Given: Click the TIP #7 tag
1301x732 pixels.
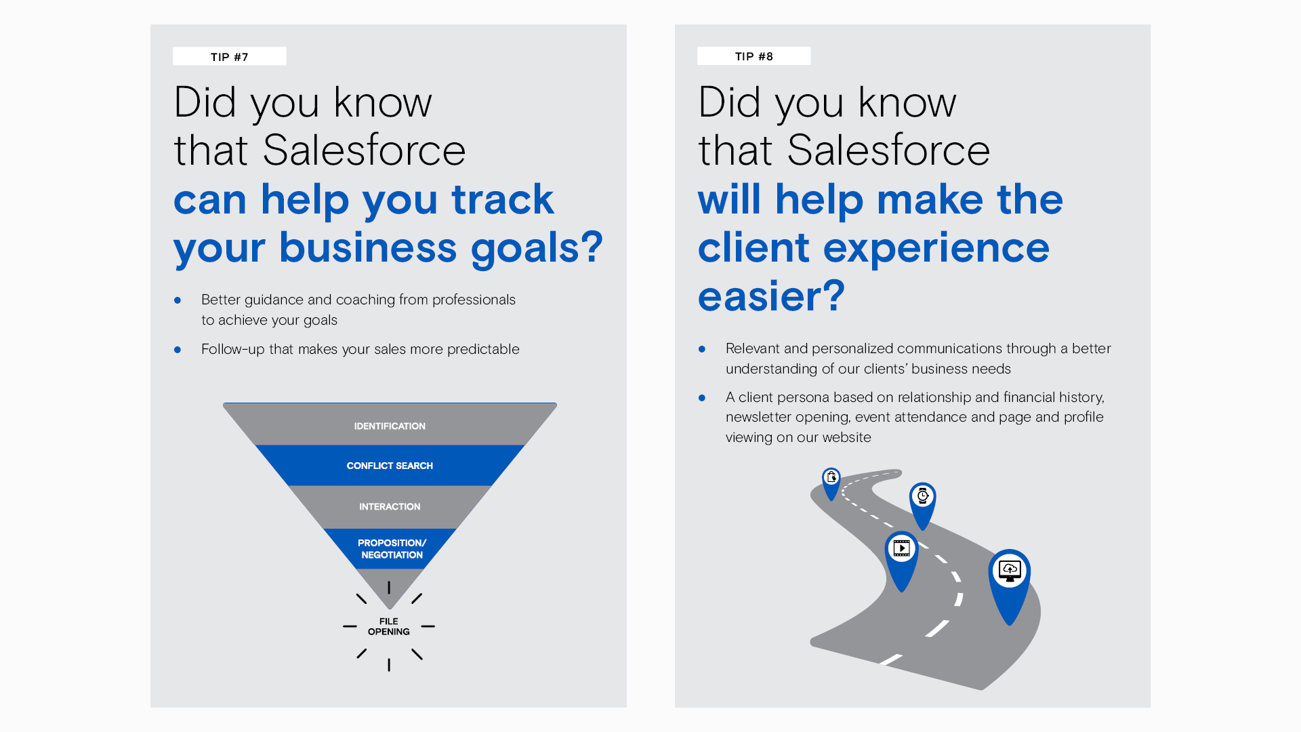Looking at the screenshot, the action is coord(229,56).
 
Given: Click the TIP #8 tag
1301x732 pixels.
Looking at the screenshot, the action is coord(753,56).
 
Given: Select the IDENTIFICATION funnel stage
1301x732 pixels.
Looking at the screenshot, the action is coord(390,425).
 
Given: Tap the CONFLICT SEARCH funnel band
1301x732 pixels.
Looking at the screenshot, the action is coord(390,466).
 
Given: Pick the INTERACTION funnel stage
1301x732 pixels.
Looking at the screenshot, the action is coord(390,506).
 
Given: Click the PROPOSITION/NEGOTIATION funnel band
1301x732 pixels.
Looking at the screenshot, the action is coord(391,548).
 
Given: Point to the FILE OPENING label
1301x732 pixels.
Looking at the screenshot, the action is coord(389,626).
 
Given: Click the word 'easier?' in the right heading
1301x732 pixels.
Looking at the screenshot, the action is coord(772,297).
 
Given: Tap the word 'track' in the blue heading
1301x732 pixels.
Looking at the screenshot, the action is coord(503,199).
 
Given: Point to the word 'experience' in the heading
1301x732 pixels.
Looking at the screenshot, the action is coord(936,248).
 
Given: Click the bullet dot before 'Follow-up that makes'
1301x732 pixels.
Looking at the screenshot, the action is coord(178,350).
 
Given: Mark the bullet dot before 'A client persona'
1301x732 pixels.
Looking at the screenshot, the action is coord(702,398).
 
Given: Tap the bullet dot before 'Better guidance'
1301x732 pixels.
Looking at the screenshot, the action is coord(178,300).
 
